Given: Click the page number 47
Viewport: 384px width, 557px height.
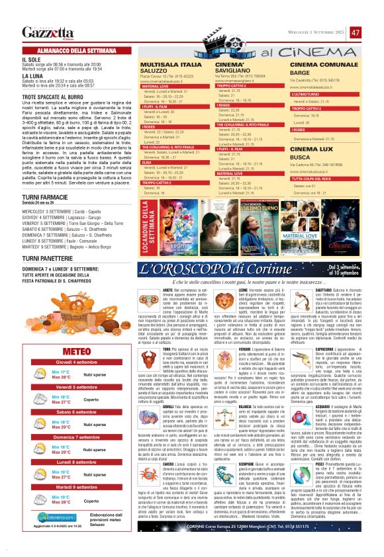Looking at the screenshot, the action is click(356, 32).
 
